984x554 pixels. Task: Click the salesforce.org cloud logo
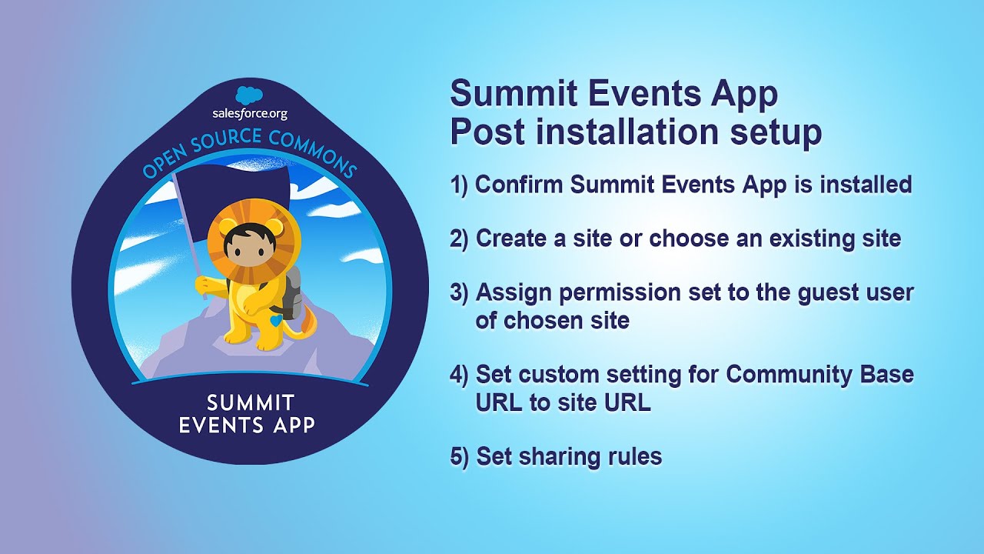click(250, 95)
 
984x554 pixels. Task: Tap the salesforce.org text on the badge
click(250, 114)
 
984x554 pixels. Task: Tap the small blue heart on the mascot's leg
click(275, 318)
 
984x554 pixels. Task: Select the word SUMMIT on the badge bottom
click(251, 403)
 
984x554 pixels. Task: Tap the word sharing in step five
click(561, 456)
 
